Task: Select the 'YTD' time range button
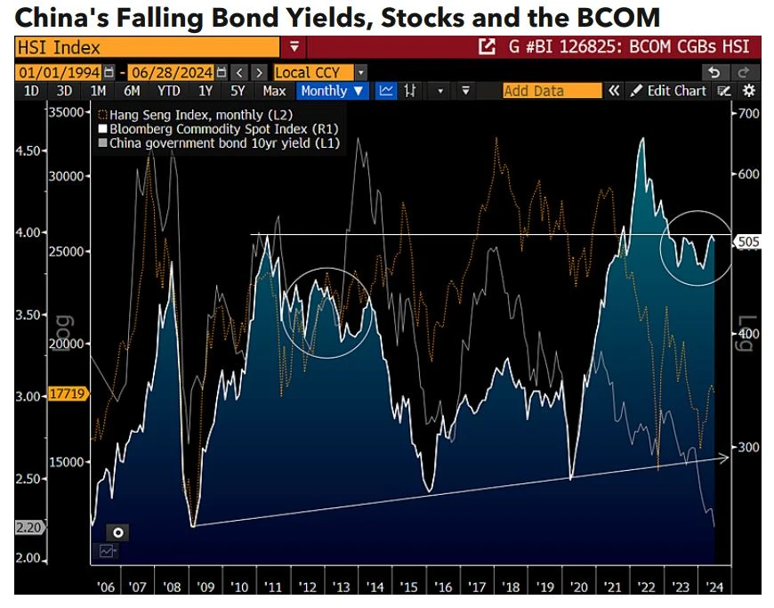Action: [169, 91]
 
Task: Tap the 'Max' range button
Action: [274, 91]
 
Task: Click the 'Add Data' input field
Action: [552, 91]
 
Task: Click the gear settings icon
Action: [749, 91]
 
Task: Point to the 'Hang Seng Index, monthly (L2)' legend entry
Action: [195, 115]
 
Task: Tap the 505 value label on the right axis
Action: [745, 239]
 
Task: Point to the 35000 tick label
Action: [65, 112]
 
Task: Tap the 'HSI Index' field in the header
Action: [151, 47]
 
